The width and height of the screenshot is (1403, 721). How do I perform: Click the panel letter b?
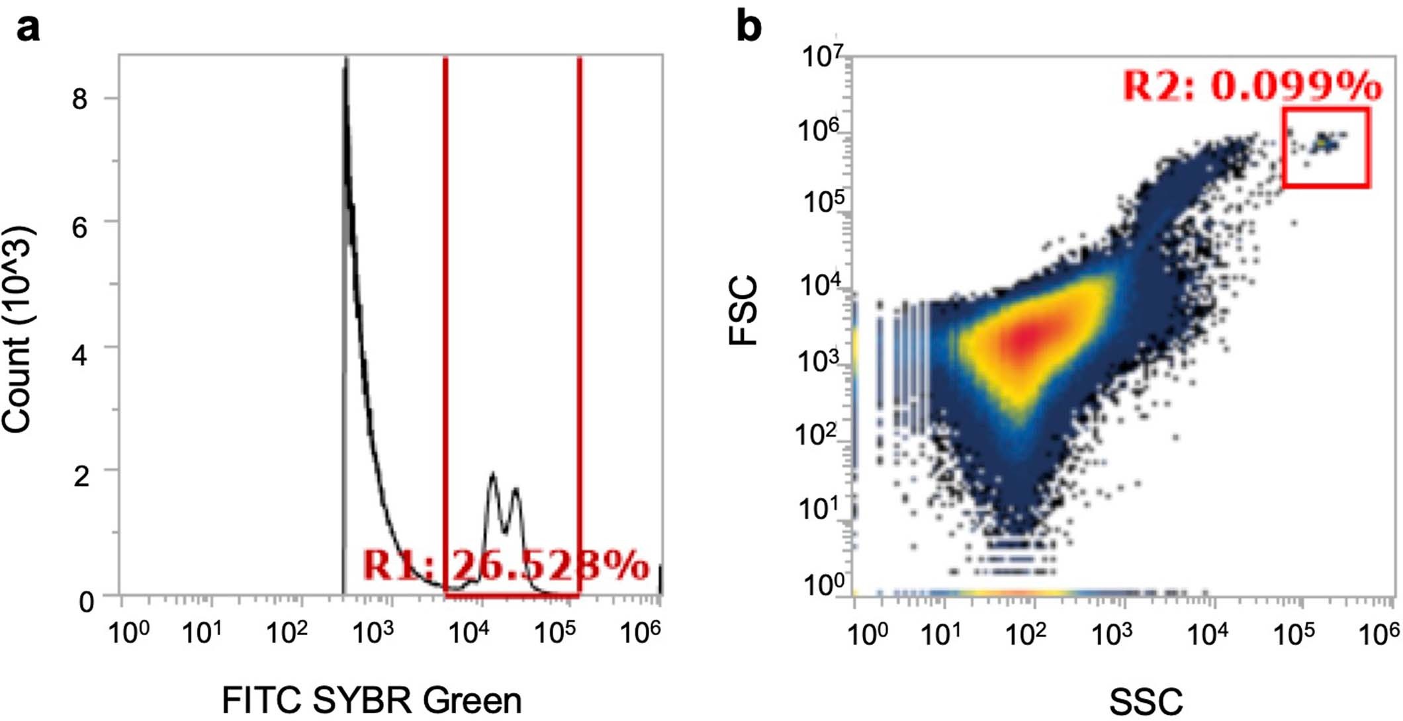[x=748, y=28]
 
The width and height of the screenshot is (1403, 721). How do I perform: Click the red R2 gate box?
[x=1326, y=148]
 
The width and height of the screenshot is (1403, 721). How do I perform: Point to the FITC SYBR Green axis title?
[x=371, y=700]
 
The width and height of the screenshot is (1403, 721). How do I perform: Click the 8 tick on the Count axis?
[x=79, y=100]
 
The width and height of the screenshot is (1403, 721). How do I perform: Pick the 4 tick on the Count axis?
[x=79, y=356]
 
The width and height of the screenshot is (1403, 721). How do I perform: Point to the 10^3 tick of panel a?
[x=373, y=632]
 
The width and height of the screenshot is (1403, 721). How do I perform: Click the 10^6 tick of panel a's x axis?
[x=640, y=632]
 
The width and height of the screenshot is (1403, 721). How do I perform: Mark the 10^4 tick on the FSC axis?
[x=820, y=284]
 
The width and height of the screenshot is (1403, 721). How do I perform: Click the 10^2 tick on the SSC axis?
[x=1024, y=634]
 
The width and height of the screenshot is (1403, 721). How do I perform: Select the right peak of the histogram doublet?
[x=516, y=489]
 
